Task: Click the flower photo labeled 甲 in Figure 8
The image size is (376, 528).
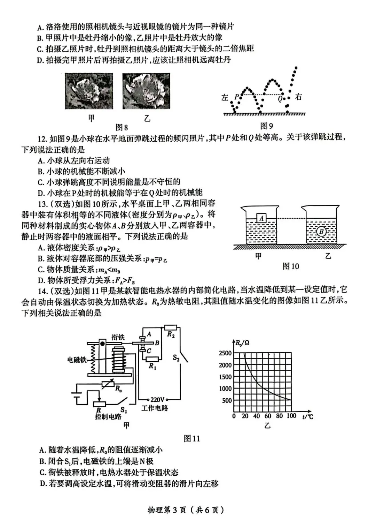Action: (89, 91)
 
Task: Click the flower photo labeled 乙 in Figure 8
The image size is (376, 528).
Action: (147, 91)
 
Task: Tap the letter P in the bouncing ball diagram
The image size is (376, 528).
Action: (236, 97)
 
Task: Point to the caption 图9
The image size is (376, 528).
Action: (267, 126)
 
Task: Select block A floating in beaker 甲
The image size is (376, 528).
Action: (261, 218)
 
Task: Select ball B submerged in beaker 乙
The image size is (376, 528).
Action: (321, 231)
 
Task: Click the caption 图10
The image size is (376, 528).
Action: (291, 266)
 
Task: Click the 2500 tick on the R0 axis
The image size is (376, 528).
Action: (225, 353)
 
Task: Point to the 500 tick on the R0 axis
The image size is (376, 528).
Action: (227, 400)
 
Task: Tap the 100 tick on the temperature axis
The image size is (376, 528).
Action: (291, 416)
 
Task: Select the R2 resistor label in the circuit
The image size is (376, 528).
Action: (171, 335)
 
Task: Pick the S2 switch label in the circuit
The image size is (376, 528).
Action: (176, 357)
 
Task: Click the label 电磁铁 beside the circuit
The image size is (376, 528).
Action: (77, 360)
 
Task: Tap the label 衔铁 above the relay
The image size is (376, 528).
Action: (118, 337)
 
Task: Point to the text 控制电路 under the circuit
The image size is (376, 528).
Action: (108, 417)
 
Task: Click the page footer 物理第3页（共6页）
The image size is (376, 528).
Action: (186, 510)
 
